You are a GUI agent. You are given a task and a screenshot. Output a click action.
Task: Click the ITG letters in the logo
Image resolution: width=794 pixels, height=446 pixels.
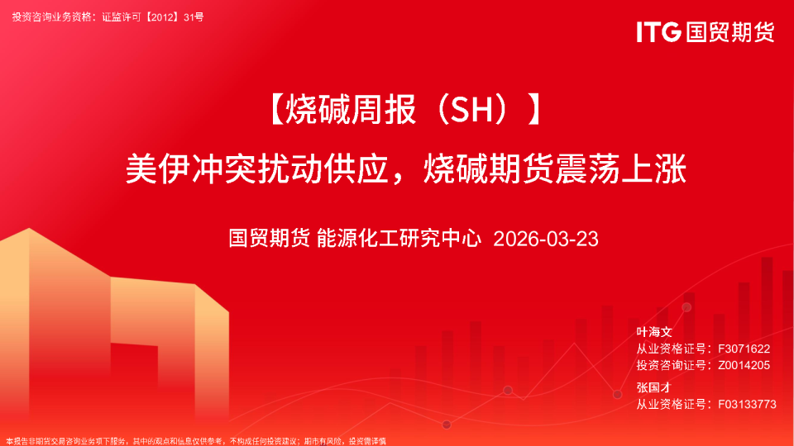pyautogui.click(x=658, y=32)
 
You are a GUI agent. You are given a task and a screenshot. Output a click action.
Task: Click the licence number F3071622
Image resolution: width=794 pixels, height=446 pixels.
pyautogui.click(x=744, y=349)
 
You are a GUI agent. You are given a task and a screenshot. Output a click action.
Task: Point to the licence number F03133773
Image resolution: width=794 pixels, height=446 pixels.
pyautogui.click(x=748, y=404)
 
